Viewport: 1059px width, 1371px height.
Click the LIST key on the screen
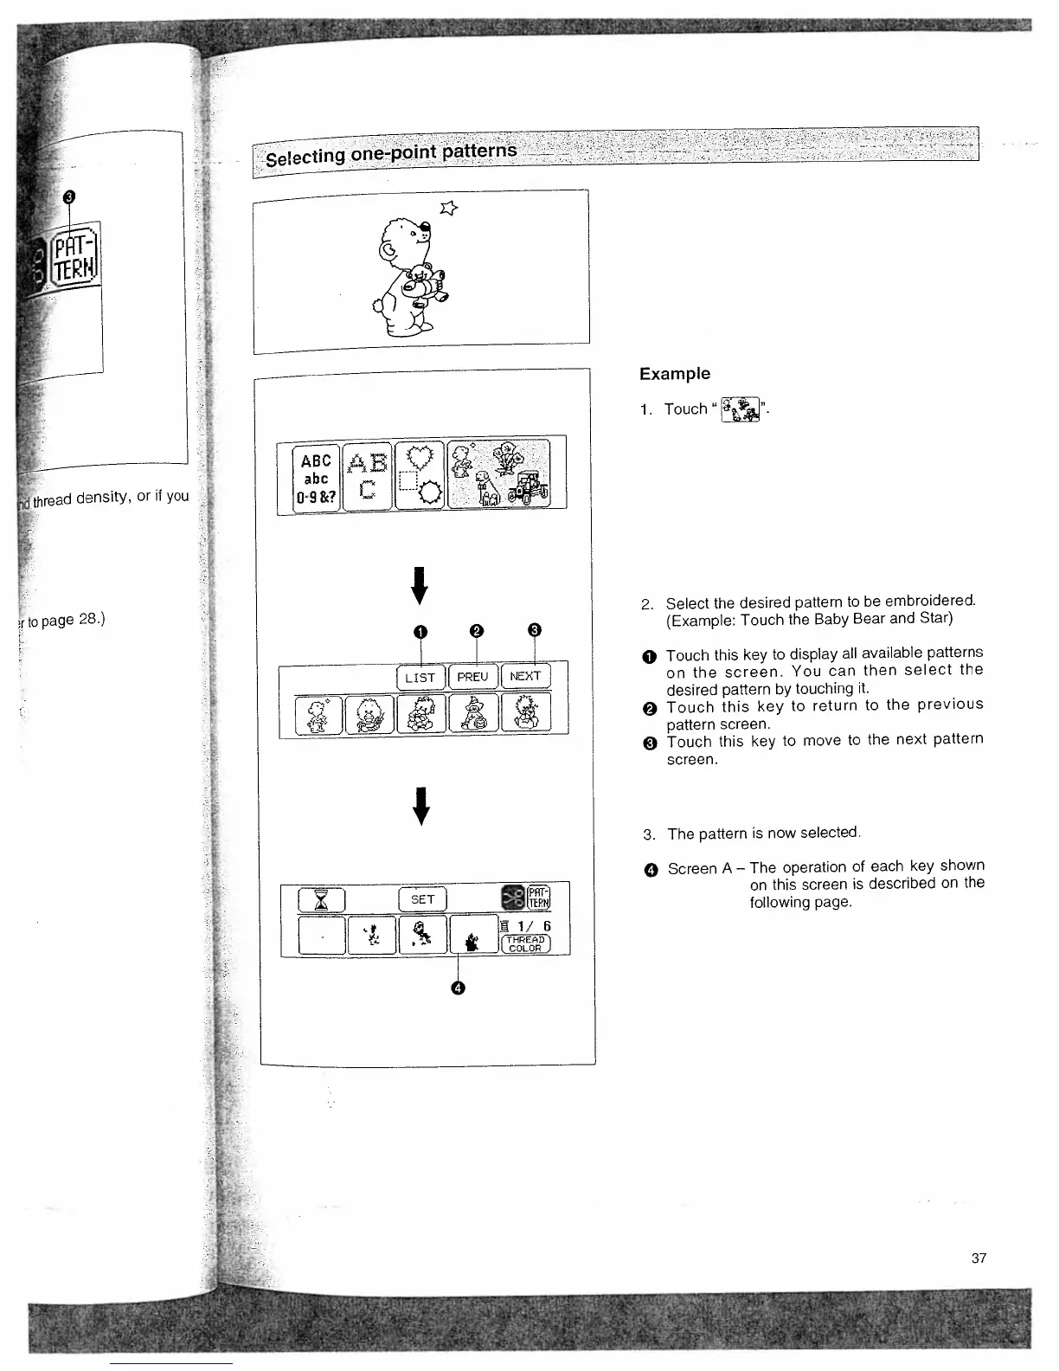pyautogui.click(x=420, y=677)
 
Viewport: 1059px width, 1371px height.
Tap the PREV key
pyautogui.click(x=472, y=677)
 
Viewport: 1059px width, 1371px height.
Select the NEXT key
pyautogui.click(x=525, y=676)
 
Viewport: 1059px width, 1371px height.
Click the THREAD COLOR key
pyautogui.click(x=526, y=943)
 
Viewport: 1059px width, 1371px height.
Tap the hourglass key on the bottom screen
pyautogui.click(x=321, y=900)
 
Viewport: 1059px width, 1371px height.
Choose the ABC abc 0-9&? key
pyautogui.click(x=316, y=478)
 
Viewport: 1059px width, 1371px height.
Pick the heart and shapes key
pyautogui.click(x=420, y=476)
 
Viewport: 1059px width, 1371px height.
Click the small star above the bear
pyautogui.click(x=448, y=206)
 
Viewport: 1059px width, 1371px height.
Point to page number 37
pyautogui.click(x=979, y=1258)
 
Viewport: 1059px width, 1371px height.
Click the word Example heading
pyautogui.click(x=675, y=374)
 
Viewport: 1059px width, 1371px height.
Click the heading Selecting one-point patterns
pyautogui.click(x=391, y=154)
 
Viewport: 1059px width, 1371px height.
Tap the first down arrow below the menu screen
pyautogui.click(x=420, y=586)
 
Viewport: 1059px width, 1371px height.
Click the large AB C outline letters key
pyautogui.click(x=367, y=477)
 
